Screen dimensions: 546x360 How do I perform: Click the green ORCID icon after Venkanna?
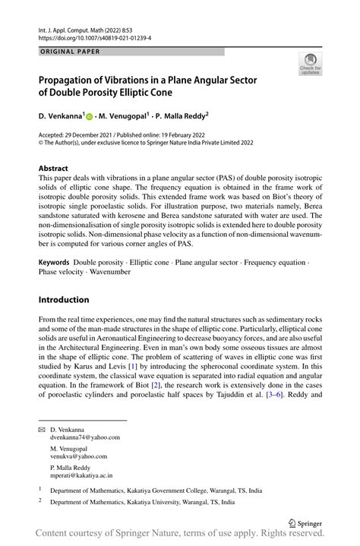[x=89, y=118]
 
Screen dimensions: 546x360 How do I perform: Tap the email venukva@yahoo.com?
[x=79, y=459]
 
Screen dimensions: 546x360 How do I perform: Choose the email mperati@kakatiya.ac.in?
[x=81, y=476]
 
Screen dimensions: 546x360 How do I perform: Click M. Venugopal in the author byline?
[x=124, y=117]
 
